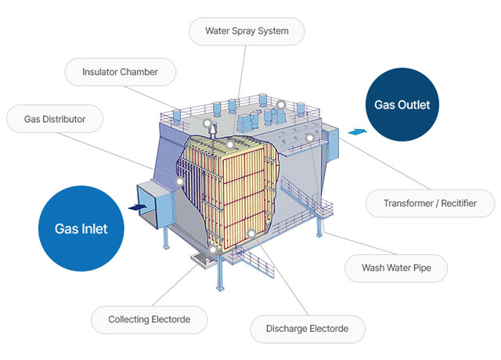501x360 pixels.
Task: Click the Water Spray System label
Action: point(247,32)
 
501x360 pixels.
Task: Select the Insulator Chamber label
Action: point(120,73)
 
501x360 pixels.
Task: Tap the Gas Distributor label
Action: point(55,120)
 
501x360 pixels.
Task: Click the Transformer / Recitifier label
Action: point(431,203)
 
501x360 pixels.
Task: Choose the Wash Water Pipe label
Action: point(398,268)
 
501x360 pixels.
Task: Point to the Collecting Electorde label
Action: point(149,319)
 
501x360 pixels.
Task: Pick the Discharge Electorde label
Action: point(307,328)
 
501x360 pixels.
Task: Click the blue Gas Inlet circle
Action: point(81,229)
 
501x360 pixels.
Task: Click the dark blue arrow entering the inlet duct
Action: point(135,207)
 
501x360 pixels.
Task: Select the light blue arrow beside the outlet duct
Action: point(355,131)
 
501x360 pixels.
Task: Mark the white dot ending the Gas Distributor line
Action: point(179,182)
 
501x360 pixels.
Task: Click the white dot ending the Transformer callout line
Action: point(310,138)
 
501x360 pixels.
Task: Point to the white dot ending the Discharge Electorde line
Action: point(250,233)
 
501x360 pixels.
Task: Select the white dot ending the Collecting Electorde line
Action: point(213,249)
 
